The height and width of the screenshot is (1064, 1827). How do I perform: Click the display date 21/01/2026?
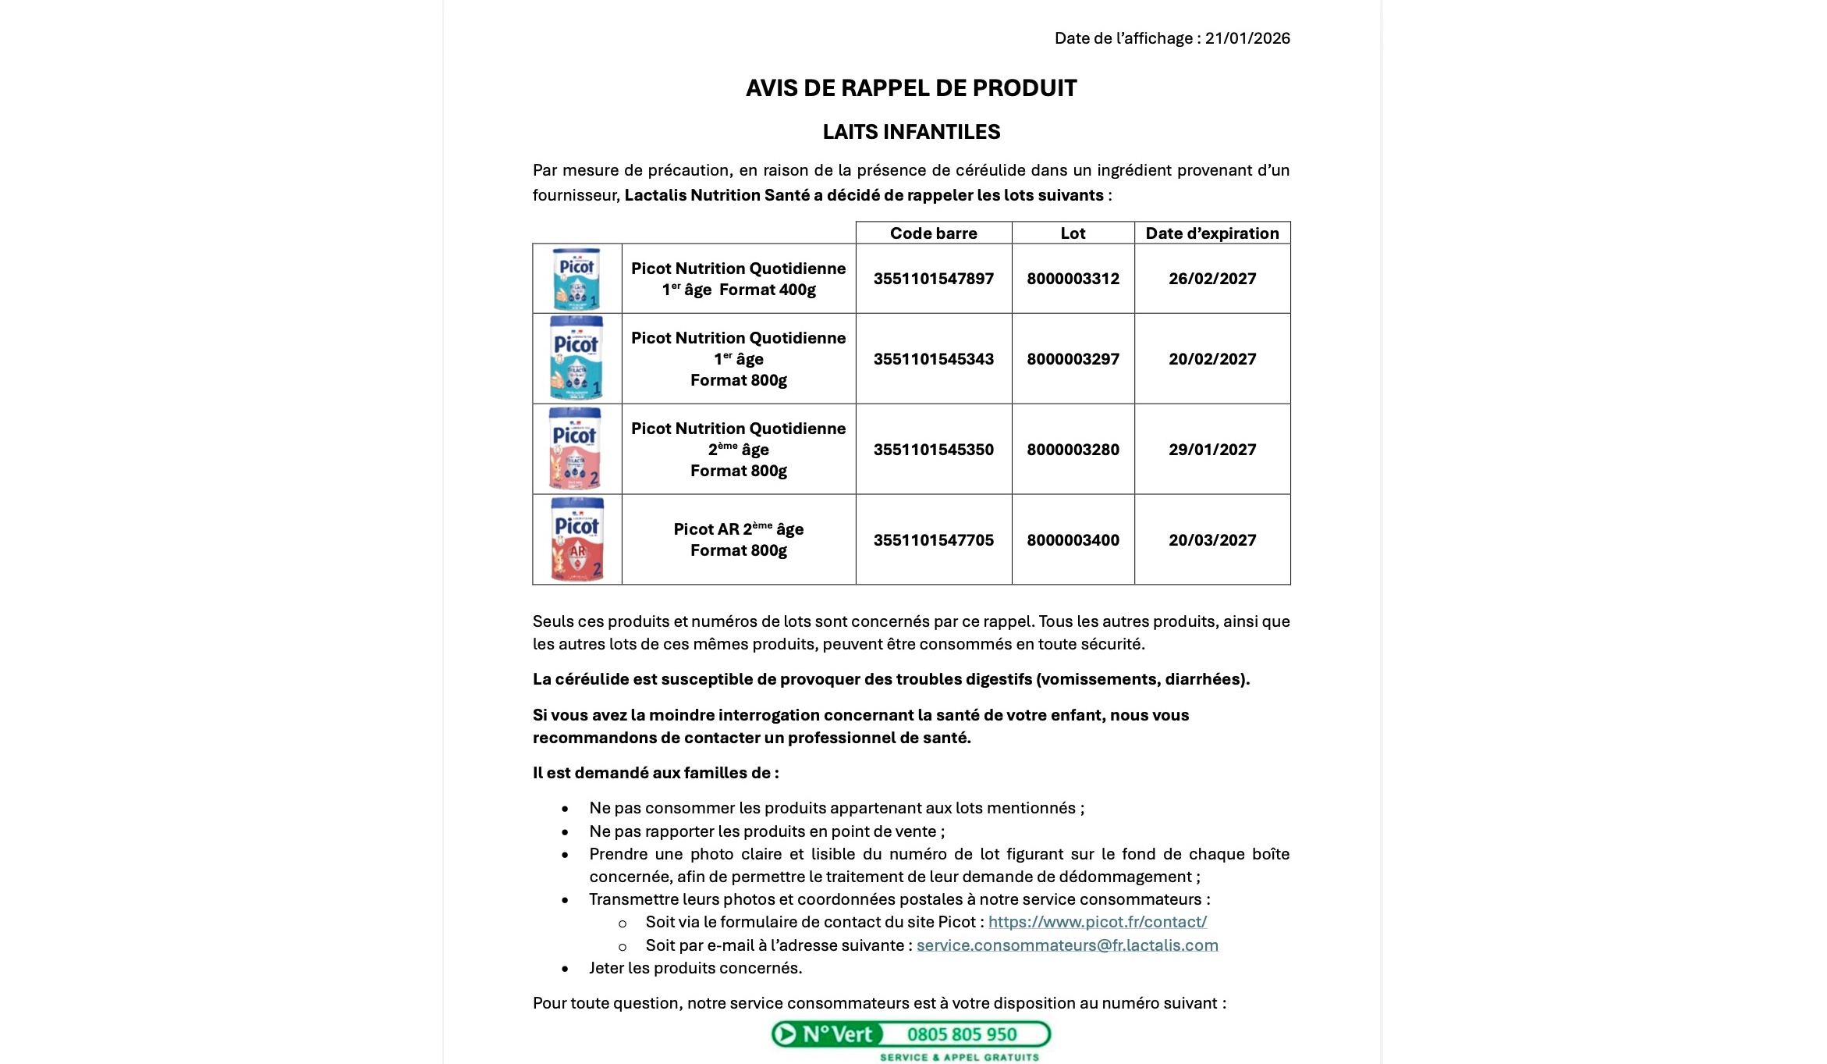1247,38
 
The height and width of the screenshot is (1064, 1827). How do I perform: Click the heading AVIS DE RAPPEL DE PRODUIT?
910,88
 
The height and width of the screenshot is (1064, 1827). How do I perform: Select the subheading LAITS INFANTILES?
910,132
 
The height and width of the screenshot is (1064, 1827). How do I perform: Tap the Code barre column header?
933,233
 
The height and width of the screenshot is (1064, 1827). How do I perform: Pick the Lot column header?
1073,233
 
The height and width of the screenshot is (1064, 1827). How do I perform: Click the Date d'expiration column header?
1211,233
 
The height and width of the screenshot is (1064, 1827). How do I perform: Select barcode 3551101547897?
933,279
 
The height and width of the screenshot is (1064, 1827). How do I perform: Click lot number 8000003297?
1073,359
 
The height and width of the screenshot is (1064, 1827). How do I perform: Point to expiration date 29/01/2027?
1211,450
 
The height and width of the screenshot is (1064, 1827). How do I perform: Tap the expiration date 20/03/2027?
1211,540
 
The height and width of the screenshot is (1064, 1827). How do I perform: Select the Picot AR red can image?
577,539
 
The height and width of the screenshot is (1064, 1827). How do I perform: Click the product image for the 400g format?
577,279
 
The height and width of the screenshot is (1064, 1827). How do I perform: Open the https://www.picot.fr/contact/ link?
1097,922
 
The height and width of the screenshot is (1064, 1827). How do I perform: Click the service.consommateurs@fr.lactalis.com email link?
1066,945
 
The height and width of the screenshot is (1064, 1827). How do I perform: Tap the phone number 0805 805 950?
961,1034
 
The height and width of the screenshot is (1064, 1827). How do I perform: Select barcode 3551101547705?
933,540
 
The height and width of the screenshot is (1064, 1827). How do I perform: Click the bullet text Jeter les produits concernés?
695,968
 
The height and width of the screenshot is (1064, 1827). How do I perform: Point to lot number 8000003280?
1073,450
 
